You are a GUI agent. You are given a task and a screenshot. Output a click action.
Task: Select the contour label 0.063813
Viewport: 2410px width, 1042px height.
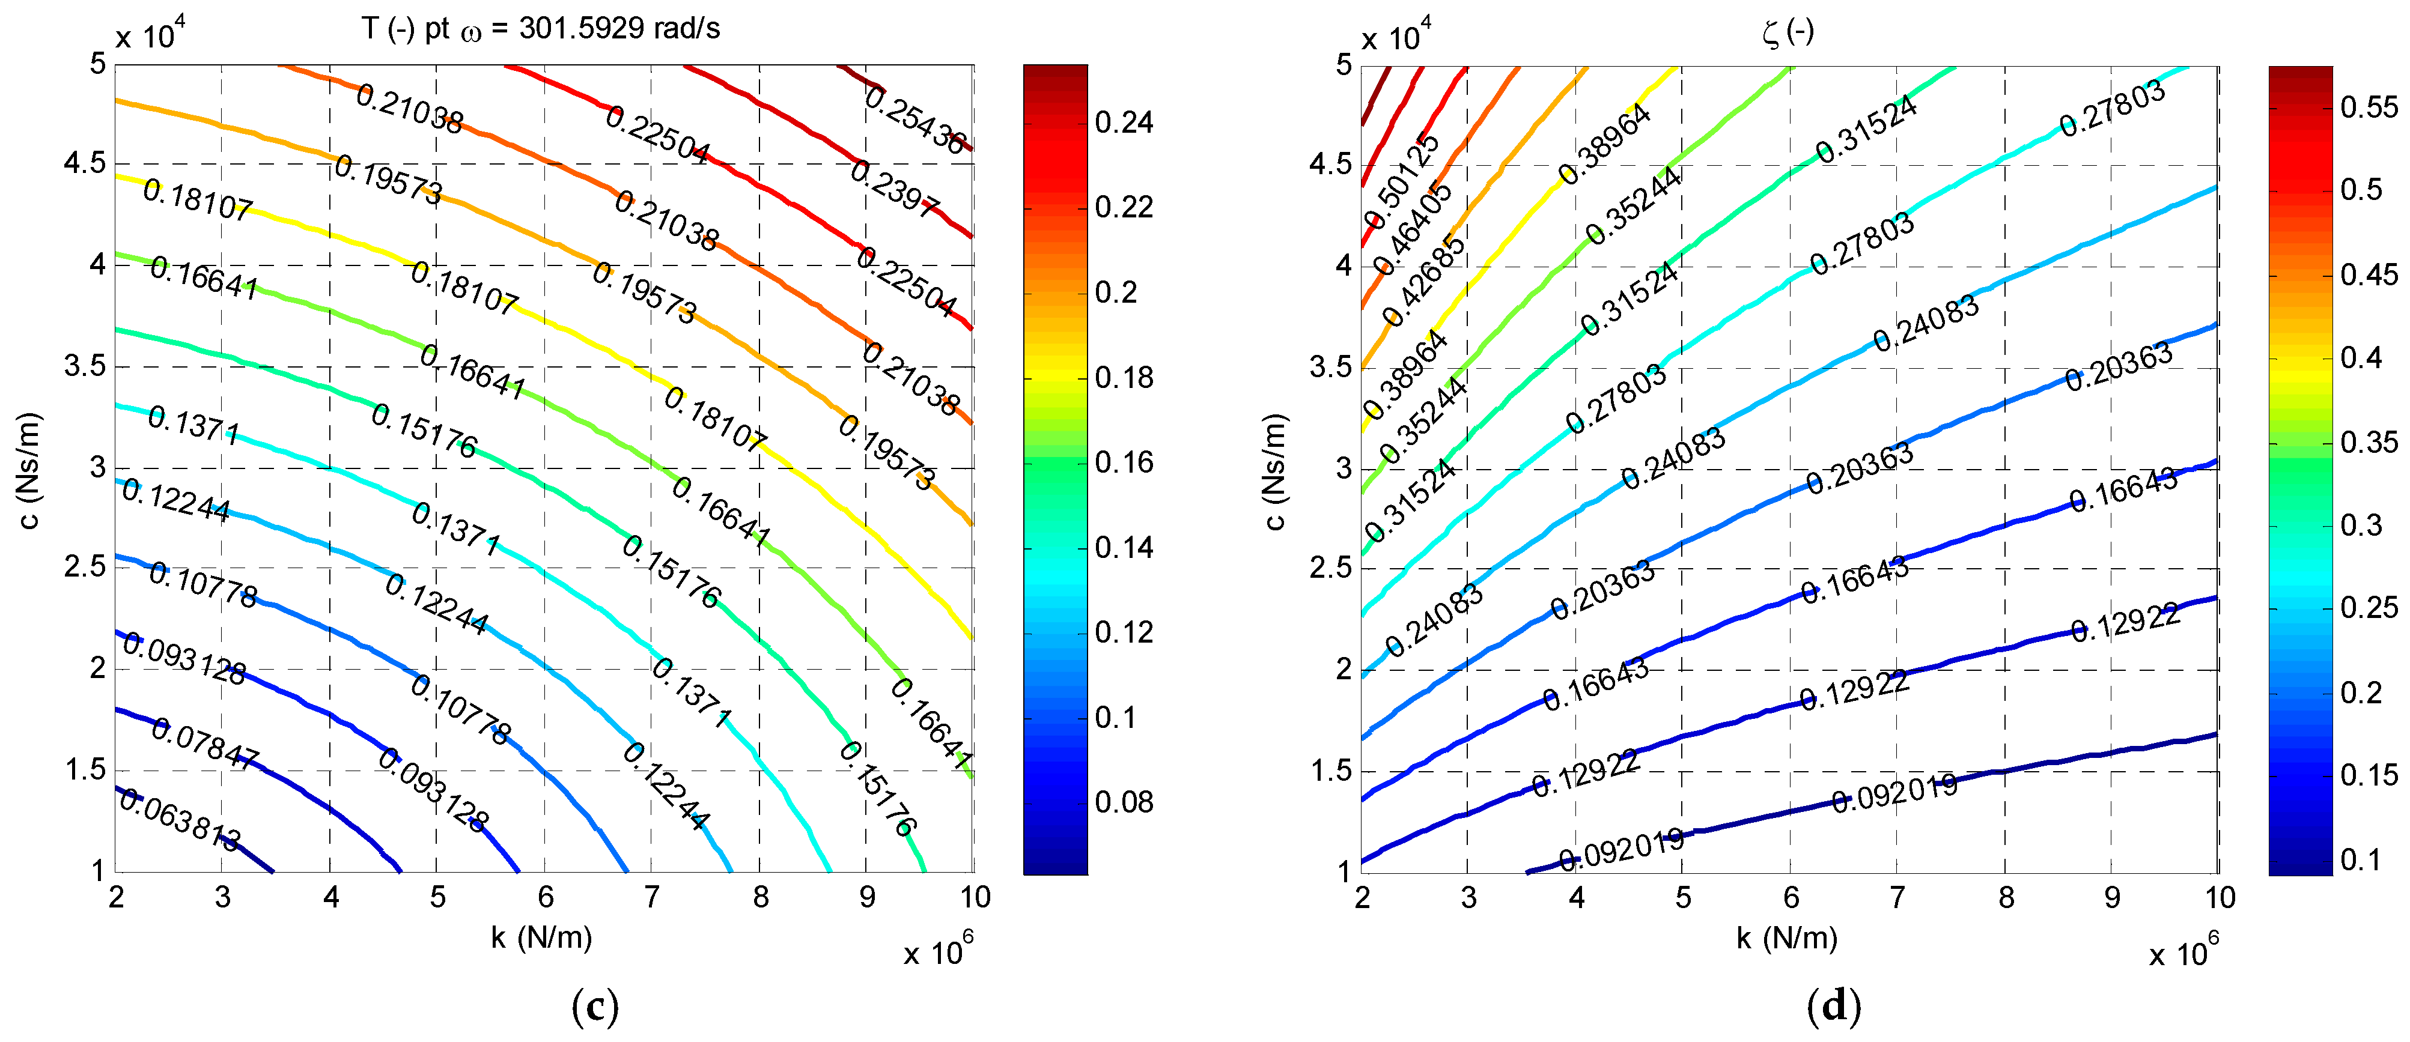click(180, 820)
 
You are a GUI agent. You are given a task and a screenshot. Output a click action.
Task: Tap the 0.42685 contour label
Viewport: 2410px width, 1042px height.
click(1425, 279)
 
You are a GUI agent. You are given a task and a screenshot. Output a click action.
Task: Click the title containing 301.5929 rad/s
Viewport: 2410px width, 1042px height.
click(541, 29)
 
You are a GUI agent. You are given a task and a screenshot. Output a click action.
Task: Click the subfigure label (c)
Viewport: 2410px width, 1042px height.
click(594, 1007)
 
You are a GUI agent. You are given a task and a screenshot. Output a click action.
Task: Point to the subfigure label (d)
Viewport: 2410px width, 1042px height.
click(1834, 1007)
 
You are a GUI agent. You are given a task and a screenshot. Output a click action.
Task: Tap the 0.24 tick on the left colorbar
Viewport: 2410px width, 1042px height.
click(1124, 123)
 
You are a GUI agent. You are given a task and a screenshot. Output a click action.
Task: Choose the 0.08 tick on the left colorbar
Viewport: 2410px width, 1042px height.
click(1124, 802)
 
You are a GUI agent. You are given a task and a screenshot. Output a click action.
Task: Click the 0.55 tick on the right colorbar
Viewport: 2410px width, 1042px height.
click(2369, 107)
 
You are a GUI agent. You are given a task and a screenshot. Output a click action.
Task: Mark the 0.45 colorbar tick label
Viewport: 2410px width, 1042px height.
click(2369, 275)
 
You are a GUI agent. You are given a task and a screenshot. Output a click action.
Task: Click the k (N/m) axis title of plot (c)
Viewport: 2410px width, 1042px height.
click(542, 937)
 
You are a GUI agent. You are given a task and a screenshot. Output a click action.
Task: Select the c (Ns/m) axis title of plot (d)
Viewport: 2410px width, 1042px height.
click(1274, 470)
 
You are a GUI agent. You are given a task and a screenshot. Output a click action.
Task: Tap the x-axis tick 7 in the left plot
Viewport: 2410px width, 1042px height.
click(652, 898)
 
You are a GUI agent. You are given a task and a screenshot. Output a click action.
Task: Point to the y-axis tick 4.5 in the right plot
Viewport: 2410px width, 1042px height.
click(1330, 165)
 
